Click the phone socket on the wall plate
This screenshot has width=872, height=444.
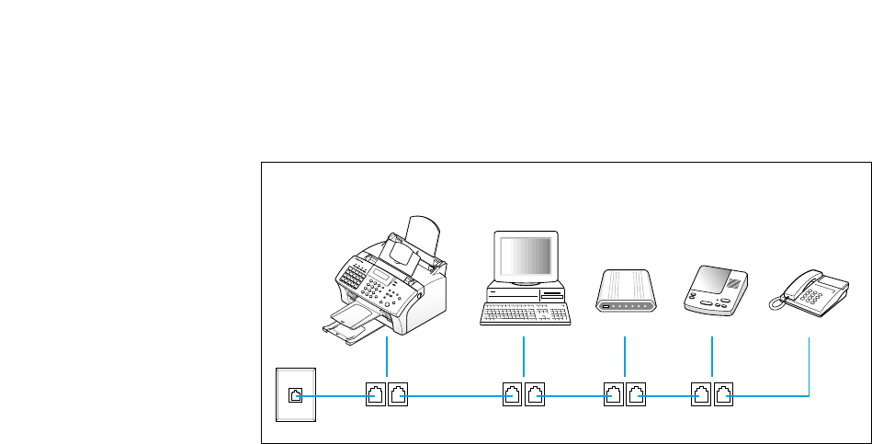[x=295, y=395]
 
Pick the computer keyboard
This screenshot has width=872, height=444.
[x=526, y=313]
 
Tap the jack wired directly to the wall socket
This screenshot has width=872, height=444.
[x=376, y=396]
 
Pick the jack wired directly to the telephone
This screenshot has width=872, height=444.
[x=725, y=396]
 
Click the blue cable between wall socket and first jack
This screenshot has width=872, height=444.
[x=333, y=396]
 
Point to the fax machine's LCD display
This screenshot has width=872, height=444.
[x=380, y=273]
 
